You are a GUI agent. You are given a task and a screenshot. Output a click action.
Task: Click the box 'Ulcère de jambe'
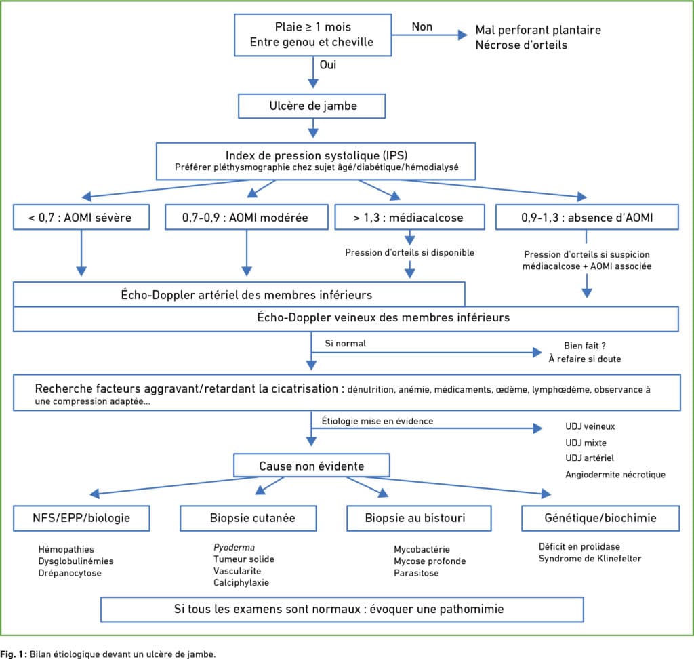[312, 106]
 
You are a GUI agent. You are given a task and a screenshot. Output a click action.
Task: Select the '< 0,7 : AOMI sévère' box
[81, 217]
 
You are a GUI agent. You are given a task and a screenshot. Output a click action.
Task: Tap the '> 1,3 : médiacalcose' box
[409, 217]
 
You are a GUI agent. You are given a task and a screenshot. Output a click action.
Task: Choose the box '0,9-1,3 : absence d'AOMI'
[587, 217]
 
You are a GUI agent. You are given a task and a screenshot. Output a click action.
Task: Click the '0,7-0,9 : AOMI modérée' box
[247, 217]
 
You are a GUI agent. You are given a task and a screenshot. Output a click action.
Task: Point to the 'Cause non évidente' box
[312, 466]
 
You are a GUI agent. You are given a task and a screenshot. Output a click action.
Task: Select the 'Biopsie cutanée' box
[248, 518]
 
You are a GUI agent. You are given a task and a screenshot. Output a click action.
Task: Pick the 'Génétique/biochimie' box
[600, 518]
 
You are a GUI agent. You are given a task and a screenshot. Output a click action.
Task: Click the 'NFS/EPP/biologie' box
[81, 518]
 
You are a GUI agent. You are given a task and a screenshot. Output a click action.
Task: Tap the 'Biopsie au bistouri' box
[419, 518]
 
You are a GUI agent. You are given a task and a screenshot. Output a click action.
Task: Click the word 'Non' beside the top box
[422, 26]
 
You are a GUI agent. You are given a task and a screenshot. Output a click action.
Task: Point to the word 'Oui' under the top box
[328, 64]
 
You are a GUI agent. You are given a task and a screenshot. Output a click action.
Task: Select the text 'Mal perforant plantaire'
[538, 30]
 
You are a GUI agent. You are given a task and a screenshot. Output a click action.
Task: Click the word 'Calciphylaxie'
[241, 583]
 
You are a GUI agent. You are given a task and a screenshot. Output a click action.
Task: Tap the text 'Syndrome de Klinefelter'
[590, 559]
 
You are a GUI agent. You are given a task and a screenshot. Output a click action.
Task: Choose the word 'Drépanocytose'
[70, 573]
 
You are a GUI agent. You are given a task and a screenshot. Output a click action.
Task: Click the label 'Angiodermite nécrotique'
[615, 475]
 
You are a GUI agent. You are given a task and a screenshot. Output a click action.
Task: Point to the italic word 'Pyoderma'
[234, 547]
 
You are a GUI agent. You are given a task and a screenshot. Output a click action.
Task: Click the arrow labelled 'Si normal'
[426, 353]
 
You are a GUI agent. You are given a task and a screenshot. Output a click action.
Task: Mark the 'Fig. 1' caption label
[14, 654]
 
